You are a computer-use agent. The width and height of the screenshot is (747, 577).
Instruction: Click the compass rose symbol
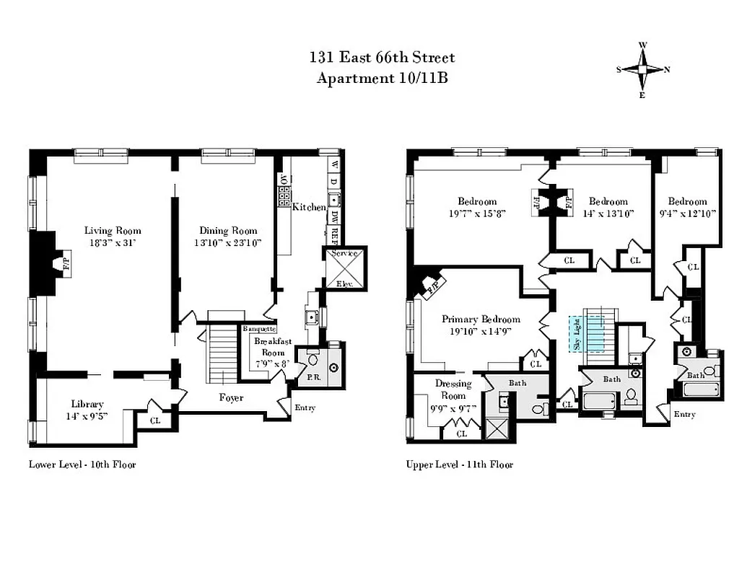(642, 70)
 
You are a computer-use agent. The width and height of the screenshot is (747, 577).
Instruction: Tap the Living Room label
(113, 231)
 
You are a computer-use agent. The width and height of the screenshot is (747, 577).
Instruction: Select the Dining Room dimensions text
(227, 243)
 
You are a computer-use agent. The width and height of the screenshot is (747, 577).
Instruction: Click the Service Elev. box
(344, 268)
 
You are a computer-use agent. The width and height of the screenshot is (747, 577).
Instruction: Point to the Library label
(87, 404)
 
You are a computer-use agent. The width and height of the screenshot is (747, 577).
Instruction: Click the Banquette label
(259, 329)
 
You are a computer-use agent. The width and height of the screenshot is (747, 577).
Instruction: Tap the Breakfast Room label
(273, 348)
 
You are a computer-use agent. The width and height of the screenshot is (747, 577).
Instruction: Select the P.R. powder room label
(313, 376)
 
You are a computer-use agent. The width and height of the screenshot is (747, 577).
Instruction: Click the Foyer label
(231, 397)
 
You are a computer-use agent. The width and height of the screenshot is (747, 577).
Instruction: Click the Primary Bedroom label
(481, 320)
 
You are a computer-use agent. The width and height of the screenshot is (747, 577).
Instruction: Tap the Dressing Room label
(453, 389)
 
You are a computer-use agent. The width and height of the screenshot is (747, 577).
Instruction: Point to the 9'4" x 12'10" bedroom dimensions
(686, 213)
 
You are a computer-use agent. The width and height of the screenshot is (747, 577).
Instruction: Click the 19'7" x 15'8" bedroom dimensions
(476, 213)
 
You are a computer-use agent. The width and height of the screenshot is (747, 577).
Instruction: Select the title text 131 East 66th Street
(383, 58)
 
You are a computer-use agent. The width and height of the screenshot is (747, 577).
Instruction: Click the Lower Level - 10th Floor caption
(82, 464)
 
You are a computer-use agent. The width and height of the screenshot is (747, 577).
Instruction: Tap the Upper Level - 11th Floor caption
(460, 464)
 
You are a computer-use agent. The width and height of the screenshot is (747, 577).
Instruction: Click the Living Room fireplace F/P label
(65, 263)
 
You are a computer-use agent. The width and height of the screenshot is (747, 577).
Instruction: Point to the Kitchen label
(309, 208)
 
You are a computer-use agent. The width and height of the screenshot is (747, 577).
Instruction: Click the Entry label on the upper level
(683, 414)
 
